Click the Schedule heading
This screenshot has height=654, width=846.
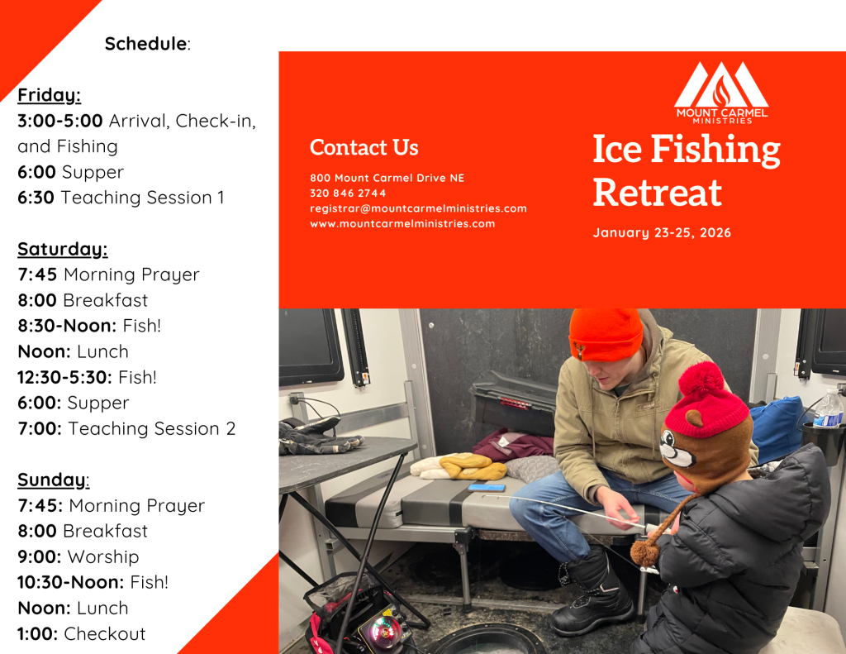147,44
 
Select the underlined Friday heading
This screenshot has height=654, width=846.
49,95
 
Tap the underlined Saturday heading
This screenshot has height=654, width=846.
63,249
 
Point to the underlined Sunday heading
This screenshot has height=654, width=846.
54,480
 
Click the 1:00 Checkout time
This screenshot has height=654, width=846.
37,633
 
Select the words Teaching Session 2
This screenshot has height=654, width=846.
152,428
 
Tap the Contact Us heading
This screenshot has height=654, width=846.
364,147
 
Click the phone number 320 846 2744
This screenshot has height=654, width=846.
348,193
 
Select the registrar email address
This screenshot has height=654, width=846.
418,208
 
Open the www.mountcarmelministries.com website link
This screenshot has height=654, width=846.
402,223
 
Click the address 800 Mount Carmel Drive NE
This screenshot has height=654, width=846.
387,178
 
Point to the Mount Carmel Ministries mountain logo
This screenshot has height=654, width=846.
721,92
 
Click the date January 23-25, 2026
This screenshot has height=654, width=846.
662,233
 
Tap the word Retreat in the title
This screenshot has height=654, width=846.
657,193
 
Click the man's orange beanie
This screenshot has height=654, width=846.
606,334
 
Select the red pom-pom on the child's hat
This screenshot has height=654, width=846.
701,381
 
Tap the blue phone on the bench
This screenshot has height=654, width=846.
487,488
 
